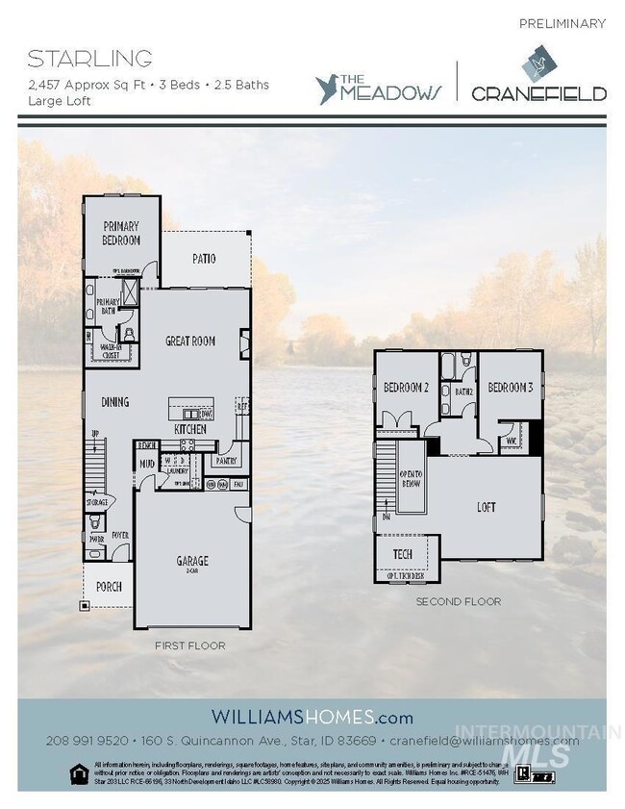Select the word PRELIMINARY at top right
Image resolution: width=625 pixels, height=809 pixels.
pos(562,23)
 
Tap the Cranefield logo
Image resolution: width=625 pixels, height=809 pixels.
pos(537,79)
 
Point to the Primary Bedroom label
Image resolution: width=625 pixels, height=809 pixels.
pos(122,233)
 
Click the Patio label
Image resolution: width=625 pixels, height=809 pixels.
pos(203,259)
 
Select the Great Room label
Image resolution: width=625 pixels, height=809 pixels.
pos(190,341)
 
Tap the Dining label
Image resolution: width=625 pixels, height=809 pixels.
pos(113,402)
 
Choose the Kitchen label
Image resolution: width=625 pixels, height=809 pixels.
pos(189,428)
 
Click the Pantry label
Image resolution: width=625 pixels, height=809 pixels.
pos(226,461)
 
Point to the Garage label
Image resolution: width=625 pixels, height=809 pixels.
pos(191,562)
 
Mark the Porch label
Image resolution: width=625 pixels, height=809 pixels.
pos(109,587)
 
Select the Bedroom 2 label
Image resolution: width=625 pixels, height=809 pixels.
pos(405,388)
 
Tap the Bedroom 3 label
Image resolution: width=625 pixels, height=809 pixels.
pos(510,388)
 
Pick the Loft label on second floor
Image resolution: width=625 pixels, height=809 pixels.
pos(487,506)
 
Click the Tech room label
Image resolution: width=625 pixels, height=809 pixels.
pos(403,555)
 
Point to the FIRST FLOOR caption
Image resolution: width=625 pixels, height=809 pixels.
pos(189,645)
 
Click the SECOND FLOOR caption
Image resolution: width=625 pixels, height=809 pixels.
pos(458,601)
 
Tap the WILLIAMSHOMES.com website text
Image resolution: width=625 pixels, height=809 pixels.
pos(312,717)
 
